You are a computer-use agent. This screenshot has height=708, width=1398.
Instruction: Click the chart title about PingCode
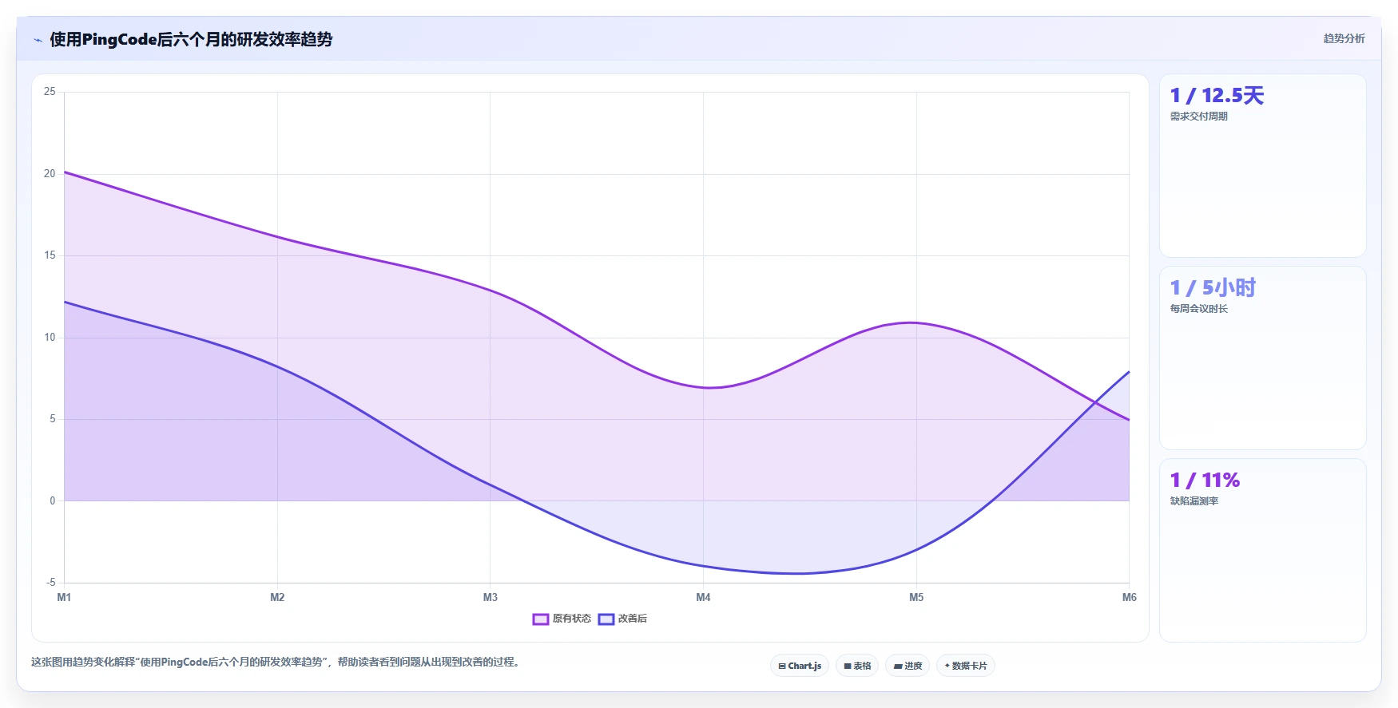pos(191,39)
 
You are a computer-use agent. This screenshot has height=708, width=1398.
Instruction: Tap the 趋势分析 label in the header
pos(1344,38)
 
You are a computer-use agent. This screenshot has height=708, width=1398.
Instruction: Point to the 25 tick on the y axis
pos(50,92)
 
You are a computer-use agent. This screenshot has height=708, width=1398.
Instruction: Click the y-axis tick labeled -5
pos(50,583)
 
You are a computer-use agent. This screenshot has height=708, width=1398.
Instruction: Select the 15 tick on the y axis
pos(50,255)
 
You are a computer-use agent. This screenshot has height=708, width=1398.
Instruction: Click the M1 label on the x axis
pos(64,597)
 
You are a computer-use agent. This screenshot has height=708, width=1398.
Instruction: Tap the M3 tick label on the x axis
pos(490,597)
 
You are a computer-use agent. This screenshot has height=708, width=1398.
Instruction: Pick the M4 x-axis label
pos(703,597)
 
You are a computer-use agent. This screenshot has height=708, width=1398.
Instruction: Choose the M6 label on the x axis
pos(1130,597)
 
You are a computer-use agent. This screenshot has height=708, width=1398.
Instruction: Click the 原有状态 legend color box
pos(541,619)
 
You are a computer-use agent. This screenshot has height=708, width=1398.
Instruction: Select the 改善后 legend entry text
pos(633,619)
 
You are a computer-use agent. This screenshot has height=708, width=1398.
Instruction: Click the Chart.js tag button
pos(800,666)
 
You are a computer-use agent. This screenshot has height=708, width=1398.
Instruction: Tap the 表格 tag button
pos(857,666)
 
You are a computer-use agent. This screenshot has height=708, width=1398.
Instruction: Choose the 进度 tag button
pos(908,666)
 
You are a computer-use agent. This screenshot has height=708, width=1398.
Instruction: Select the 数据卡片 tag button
pos(965,666)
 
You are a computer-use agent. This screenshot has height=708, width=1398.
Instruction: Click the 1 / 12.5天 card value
pos(1217,96)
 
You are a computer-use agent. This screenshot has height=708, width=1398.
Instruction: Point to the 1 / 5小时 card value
pos(1213,288)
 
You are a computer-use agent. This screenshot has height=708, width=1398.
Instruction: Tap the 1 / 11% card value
pos(1205,481)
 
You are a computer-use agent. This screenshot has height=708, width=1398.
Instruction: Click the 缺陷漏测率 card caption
pos(1194,501)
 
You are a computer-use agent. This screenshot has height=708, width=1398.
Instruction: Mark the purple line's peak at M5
pos(912,322)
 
